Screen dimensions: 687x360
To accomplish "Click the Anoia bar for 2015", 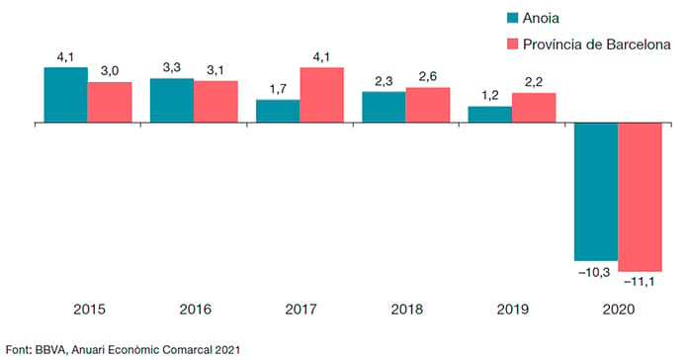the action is coord(65,95).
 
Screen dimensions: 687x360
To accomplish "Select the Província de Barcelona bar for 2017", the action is coord(321,95).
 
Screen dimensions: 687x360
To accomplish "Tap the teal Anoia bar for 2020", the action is coord(596,192).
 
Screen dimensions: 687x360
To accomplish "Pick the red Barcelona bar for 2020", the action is coord(640,197).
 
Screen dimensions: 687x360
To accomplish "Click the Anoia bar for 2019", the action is coord(490,114).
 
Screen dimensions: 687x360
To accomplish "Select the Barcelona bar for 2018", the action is coord(428,105).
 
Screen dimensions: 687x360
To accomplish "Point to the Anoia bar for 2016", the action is coord(172,101).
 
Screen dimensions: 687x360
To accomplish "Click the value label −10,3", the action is coord(594,272).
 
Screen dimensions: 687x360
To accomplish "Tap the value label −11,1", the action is coord(640,282).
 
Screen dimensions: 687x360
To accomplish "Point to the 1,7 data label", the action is coord(278,89).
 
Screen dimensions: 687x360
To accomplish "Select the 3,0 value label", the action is coord(110,70).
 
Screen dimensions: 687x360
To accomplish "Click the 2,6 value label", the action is coord(428,76).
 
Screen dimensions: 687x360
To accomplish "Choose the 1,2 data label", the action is coord(490,95).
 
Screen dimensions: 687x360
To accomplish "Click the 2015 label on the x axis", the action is coord(89,310).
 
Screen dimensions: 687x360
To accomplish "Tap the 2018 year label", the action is coord(407,310).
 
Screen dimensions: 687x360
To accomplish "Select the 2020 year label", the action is coord(619,310).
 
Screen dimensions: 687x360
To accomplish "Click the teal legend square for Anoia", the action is coord(512,18).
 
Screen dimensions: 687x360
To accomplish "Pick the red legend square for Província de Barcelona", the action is coord(512,44).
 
